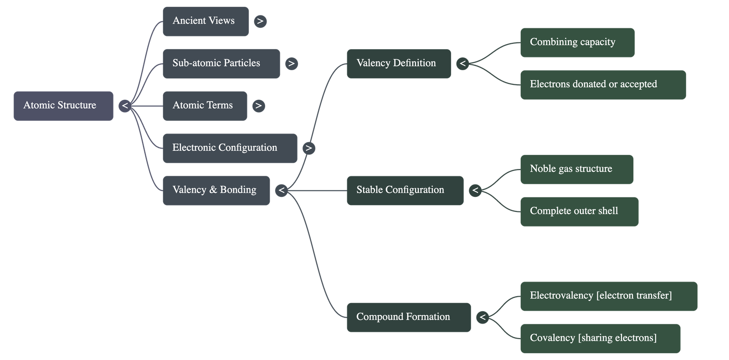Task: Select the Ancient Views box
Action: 205,21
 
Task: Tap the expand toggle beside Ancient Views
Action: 260,21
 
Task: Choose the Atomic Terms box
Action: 205,106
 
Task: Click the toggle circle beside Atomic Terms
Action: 258,106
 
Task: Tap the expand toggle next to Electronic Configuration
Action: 309,148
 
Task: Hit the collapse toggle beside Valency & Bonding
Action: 282,190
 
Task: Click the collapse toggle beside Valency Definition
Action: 463,64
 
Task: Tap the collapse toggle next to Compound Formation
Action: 483,317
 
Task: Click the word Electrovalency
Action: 561,296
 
